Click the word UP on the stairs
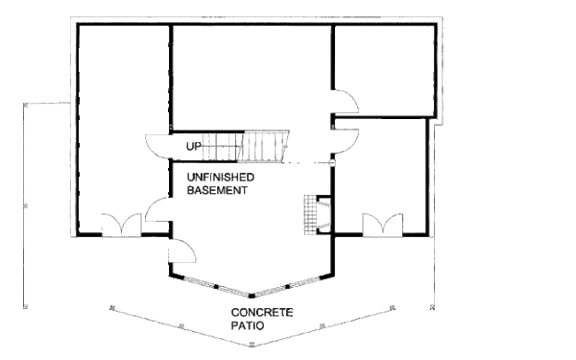coord(194,147)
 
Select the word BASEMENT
coord(217,191)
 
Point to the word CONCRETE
coord(261,314)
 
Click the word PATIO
coord(248,326)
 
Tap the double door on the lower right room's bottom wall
coord(380,226)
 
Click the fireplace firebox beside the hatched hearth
coord(324,215)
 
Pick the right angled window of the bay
coord(293,285)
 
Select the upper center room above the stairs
coord(252,77)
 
